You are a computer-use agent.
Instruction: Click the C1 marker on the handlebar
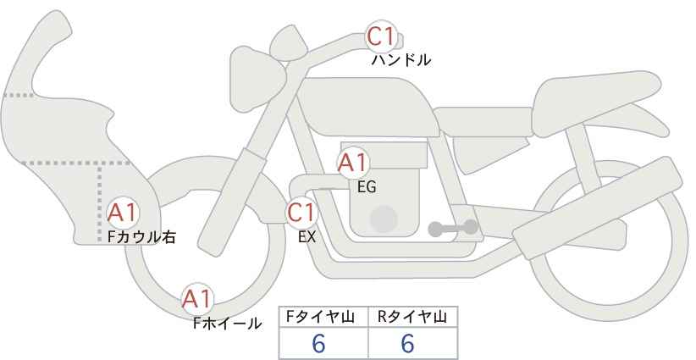click(381, 36)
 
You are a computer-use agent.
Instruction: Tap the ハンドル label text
click(401, 60)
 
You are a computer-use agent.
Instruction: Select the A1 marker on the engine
click(352, 163)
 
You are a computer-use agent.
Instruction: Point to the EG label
click(367, 187)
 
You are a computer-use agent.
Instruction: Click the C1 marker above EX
click(301, 213)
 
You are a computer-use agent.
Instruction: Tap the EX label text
click(307, 238)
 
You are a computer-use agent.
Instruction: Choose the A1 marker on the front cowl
click(124, 213)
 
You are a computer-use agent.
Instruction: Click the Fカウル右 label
click(141, 237)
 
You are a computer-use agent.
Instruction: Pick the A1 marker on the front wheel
click(198, 298)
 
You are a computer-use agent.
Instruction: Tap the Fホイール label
click(227, 323)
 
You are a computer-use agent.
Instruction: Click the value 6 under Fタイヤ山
click(318, 344)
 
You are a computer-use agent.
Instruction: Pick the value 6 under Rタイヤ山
click(407, 344)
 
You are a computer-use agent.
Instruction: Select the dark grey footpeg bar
click(452, 228)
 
